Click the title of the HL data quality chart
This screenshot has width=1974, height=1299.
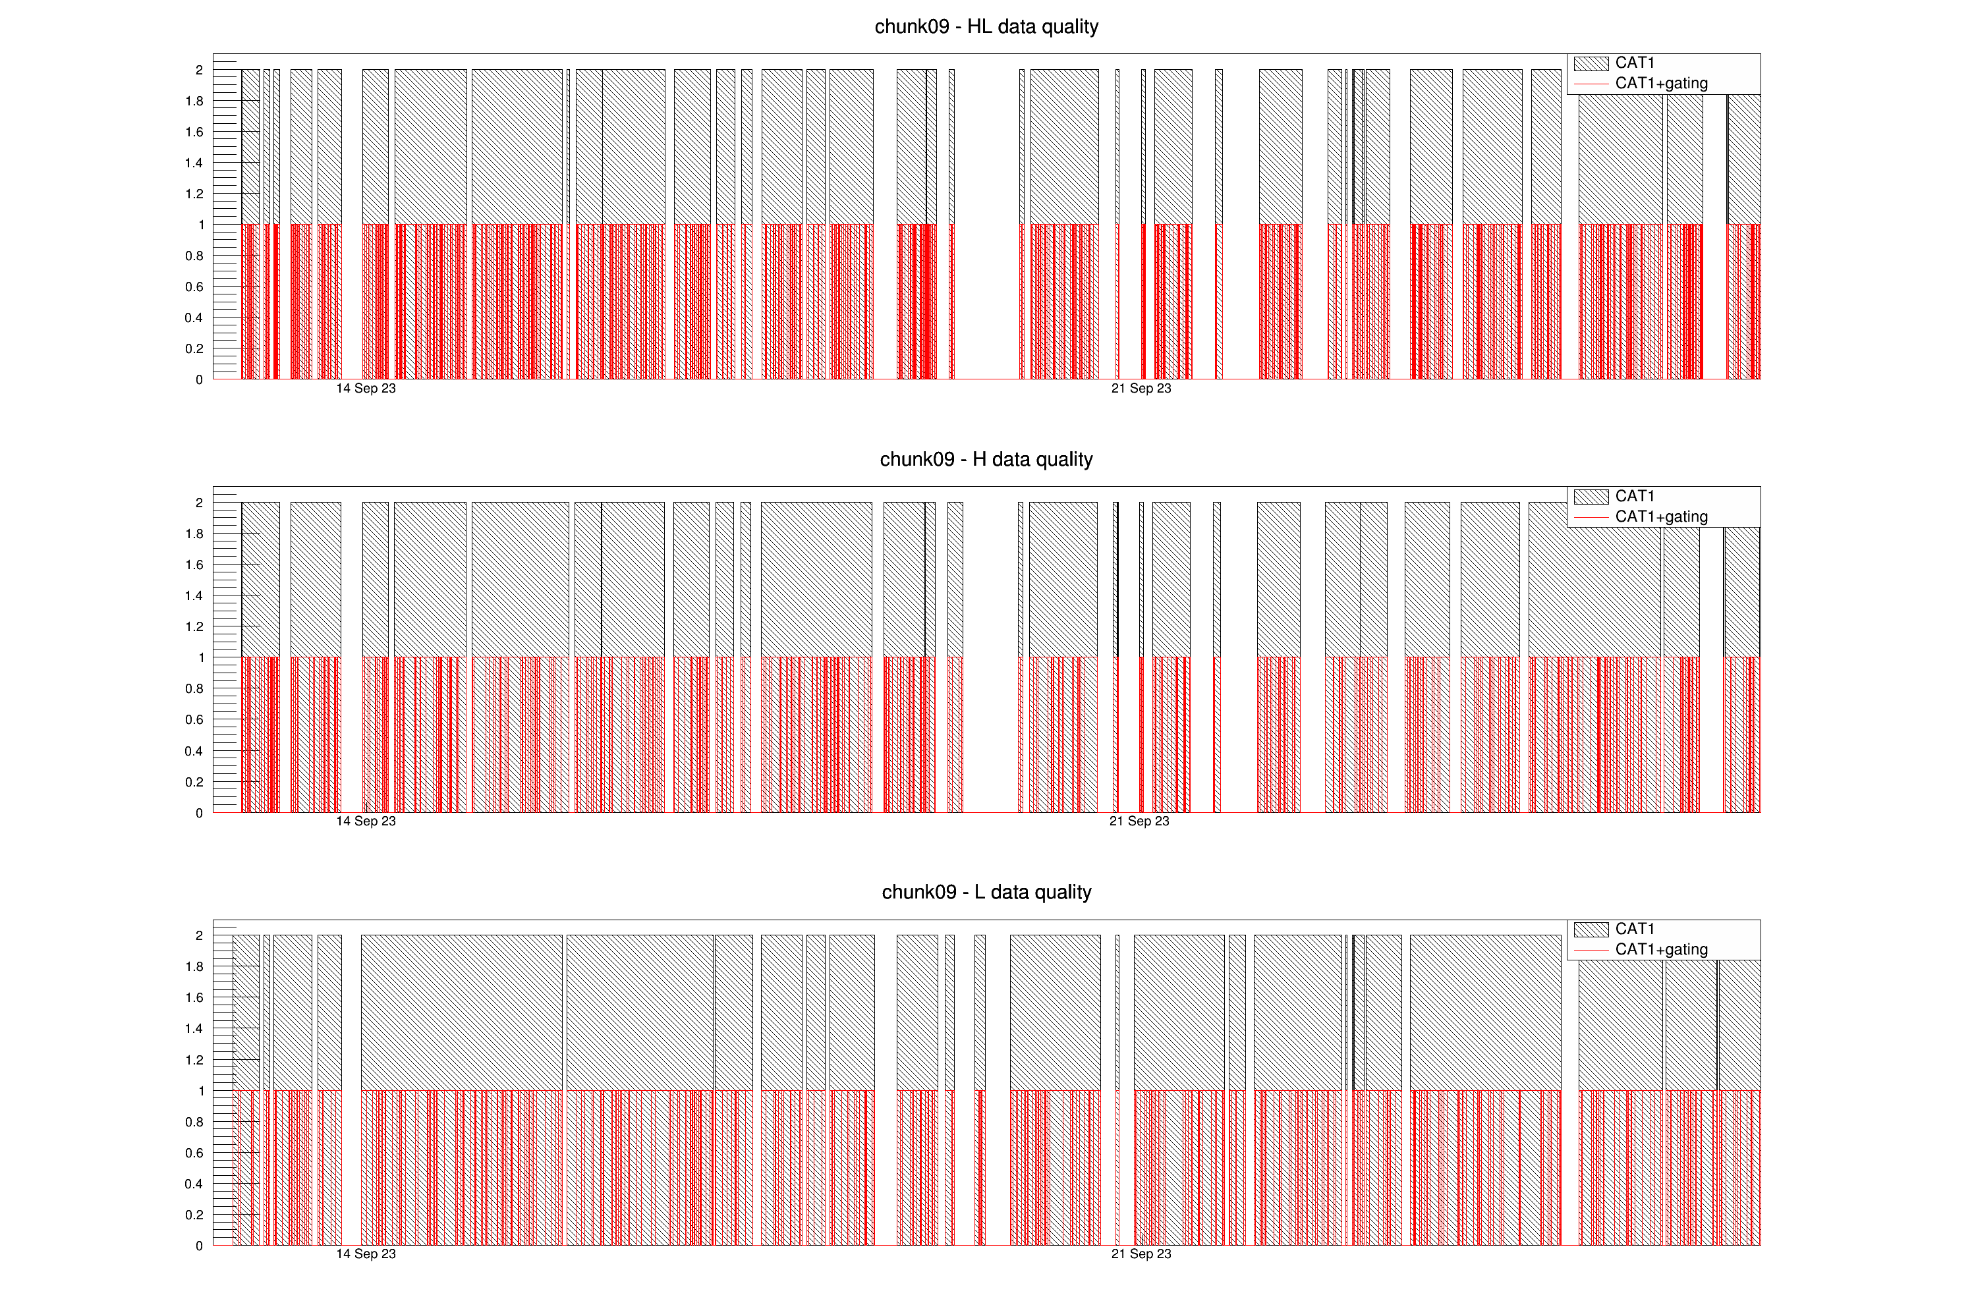tap(986, 26)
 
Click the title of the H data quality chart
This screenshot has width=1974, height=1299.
tap(986, 459)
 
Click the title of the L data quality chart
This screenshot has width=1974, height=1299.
tap(986, 892)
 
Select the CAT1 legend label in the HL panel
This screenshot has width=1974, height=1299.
tap(1634, 63)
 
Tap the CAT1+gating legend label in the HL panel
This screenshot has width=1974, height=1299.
tap(1660, 83)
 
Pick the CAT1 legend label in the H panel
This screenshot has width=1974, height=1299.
tap(1634, 496)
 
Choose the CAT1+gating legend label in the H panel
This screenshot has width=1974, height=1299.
tap(1660, 516)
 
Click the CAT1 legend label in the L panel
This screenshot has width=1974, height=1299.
tap(1634, 928)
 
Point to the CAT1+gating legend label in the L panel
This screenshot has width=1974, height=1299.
tap(1660, 949)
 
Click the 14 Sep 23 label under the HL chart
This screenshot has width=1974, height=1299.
tap(366, 388)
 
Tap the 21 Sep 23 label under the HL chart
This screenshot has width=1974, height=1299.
tap(1141, 388)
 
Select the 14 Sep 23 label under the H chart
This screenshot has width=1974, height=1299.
tap(366, 821)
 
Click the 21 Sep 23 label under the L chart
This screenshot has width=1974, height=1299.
tap(1141, 1254)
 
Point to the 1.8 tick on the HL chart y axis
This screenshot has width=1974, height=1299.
tap(194, 101)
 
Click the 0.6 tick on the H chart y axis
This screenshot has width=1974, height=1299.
tap(194, 719)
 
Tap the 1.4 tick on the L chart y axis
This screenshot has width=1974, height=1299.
tap(194, 1029)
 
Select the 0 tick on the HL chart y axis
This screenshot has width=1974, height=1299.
tap(199, 379)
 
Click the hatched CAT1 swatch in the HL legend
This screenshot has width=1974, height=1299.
tap(1591, 63)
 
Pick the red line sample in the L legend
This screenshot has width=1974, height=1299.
tap(1591, 949)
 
